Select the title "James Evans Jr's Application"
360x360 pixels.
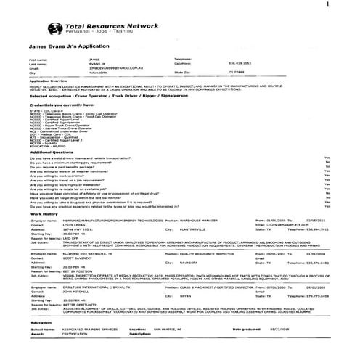[x=66, y=45]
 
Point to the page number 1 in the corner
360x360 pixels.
[x=349, y=4]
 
